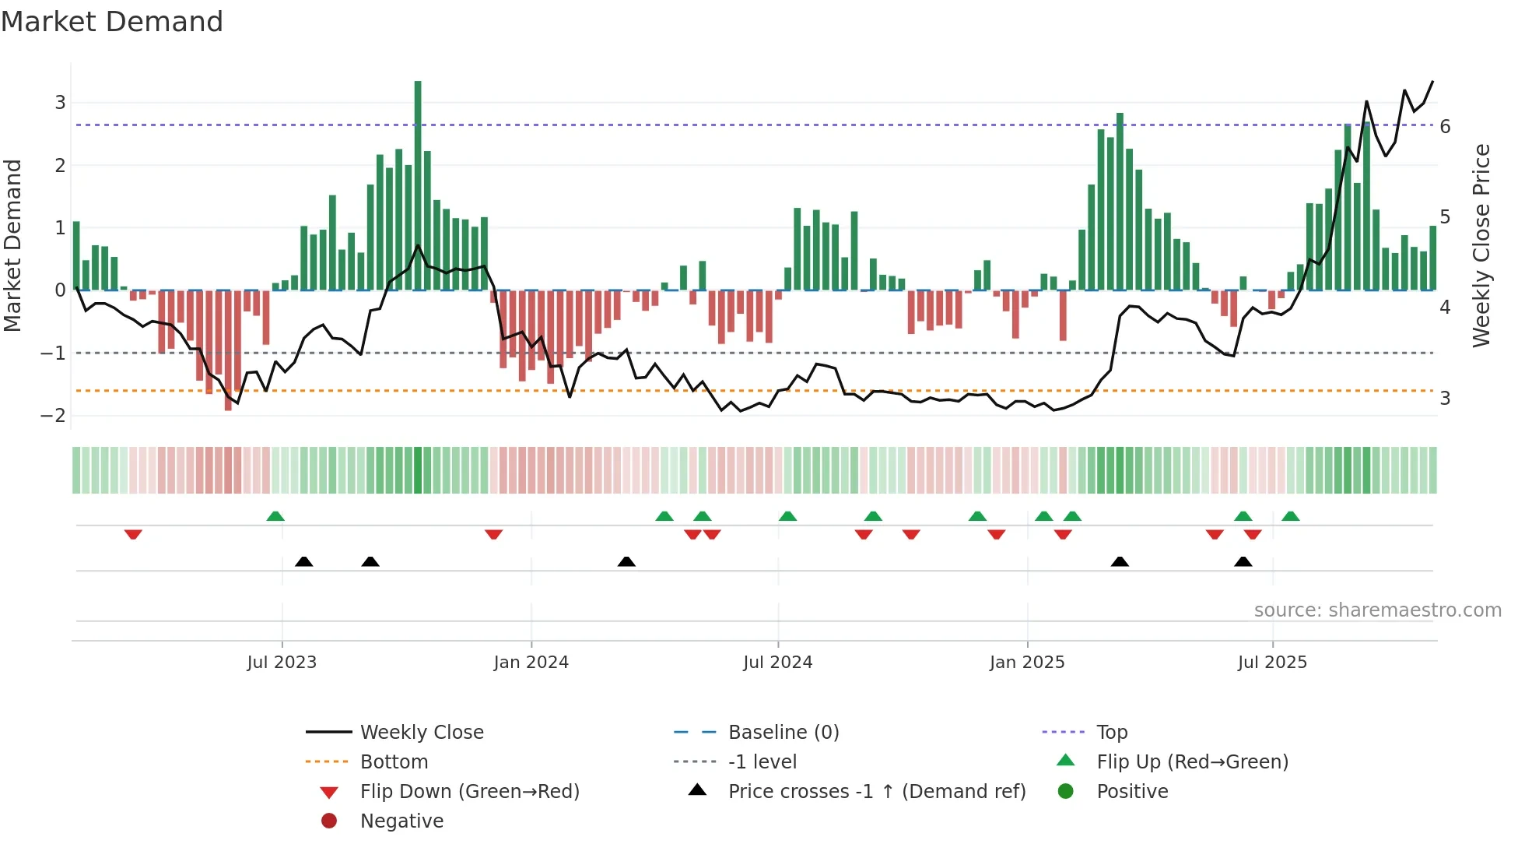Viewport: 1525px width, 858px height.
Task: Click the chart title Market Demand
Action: tap(112, 22)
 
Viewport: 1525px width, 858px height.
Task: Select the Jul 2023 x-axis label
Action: tap(282, 663)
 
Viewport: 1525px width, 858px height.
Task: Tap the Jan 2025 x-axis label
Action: tap(1027, 663)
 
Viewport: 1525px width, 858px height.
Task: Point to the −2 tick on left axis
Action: tap(53, 416)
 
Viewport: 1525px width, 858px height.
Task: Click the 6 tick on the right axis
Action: tap(1445, 127)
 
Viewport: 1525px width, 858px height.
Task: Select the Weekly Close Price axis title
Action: tap(1481, 245)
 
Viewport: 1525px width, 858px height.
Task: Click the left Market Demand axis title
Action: tap(12, 245)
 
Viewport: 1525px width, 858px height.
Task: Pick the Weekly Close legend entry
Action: tap(421, 733)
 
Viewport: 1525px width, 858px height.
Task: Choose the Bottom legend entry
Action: tap(394, 762)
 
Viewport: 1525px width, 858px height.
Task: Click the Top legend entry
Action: tap(1111, 733)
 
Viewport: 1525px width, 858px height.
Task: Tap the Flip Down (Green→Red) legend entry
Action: tap(469, 792)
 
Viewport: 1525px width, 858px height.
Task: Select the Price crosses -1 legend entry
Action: tap(876, 792)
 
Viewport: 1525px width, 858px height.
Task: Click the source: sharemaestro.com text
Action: tap(1377, 610)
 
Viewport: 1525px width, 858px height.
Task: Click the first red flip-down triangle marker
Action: tap(133, 534)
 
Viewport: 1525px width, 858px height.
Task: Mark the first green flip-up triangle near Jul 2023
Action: tap(275, 516)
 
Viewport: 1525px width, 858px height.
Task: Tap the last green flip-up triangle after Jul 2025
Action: tap(1290, 516)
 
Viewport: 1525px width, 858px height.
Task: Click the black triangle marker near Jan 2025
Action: tap(1120, 561)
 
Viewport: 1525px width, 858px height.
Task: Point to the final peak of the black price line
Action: tap(1432, 82)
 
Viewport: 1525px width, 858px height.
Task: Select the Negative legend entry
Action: tap(401, 821)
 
